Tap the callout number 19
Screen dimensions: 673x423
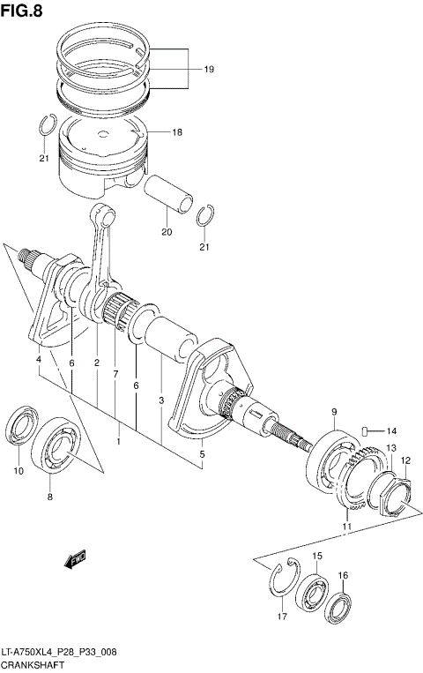(209, 69)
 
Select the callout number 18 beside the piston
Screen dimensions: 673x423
(177, 132)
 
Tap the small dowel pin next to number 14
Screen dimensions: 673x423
(362, 430)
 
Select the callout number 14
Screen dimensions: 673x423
(391, 430)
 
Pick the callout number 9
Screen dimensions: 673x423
(335, 412)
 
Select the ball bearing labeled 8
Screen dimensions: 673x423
(58, 445)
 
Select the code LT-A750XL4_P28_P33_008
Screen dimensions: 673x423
(59, 651)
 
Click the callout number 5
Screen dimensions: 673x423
(202, 454)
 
